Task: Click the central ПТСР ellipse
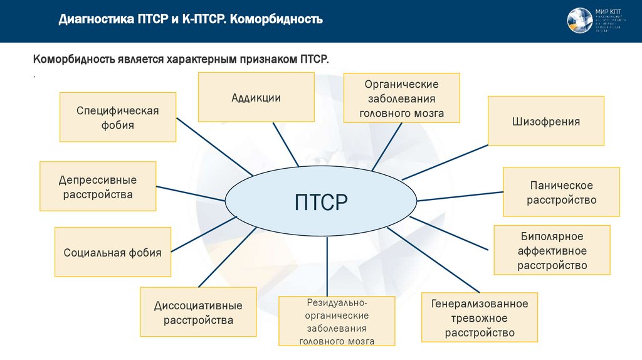[320, 202]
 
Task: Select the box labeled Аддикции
[256, 97]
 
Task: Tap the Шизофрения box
[545, 121]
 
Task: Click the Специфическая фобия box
[118, 117]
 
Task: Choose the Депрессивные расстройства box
[98, 187]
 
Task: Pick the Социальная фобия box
[113, 252]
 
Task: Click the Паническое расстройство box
[561, 193]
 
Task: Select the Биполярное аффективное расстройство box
[552, 250]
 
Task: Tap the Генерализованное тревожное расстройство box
[480, 318]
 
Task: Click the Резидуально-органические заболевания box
[337, 322]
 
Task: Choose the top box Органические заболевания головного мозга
[401, 98]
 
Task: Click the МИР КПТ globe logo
[579, 21]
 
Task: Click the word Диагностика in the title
[95, 19]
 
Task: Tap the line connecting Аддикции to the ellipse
[285, 144]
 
